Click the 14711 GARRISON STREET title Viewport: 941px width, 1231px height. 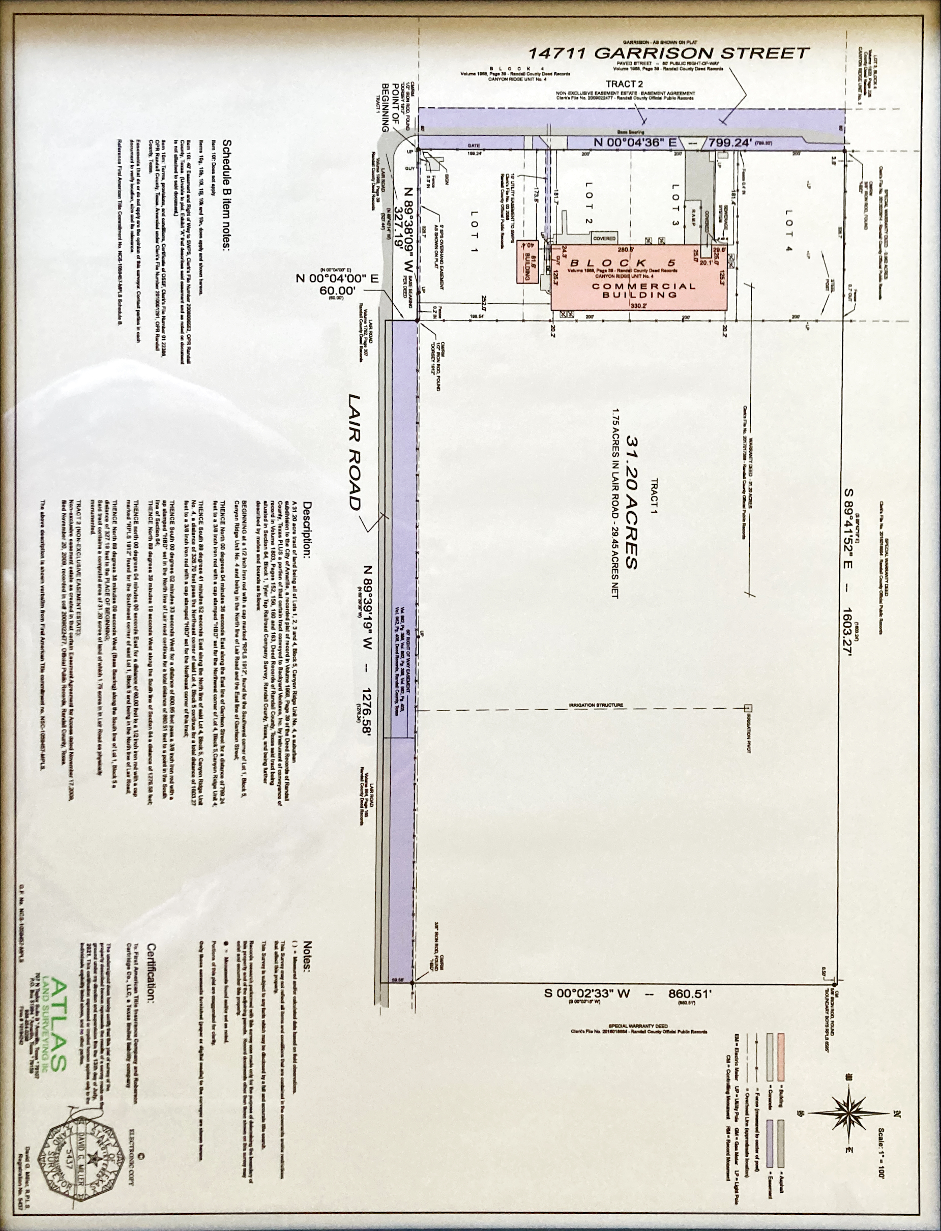(669, 54)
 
